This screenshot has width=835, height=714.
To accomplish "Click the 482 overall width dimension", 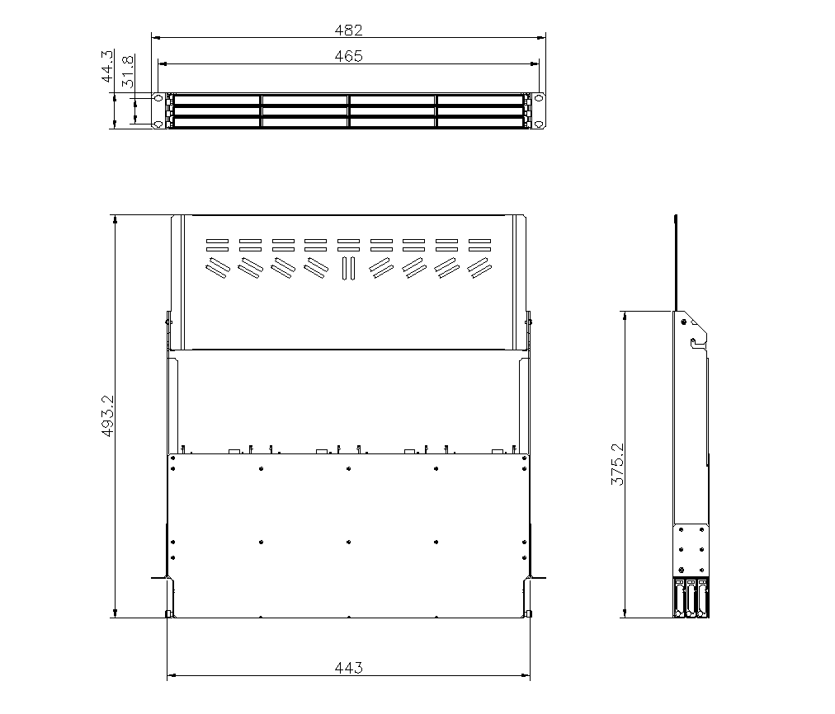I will pyautogui.click(x=349, y=30).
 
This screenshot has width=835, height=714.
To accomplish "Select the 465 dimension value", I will pyautogui.click(x=349, y=55).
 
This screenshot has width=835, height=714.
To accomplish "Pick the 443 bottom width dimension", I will pyautogui.click(x=349, y=667).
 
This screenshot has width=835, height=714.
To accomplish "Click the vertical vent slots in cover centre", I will pyautogui.click(x=348, y=267).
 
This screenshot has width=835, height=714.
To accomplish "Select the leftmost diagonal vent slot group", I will pyautogui.click(x=216, y=266).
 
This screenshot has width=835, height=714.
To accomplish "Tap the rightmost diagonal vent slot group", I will pyautogui.click(x=479, y=266).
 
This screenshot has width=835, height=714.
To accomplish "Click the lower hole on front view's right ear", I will pyautogui.click(x=538, y=124).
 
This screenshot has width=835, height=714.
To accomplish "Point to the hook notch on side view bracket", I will pyautogui.click(x=697, y=341).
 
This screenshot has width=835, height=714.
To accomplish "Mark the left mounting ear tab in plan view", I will pyautogui.click(x=160, y=579).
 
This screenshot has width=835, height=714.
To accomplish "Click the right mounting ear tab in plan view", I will pyautogui.click(x=535, y=579).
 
